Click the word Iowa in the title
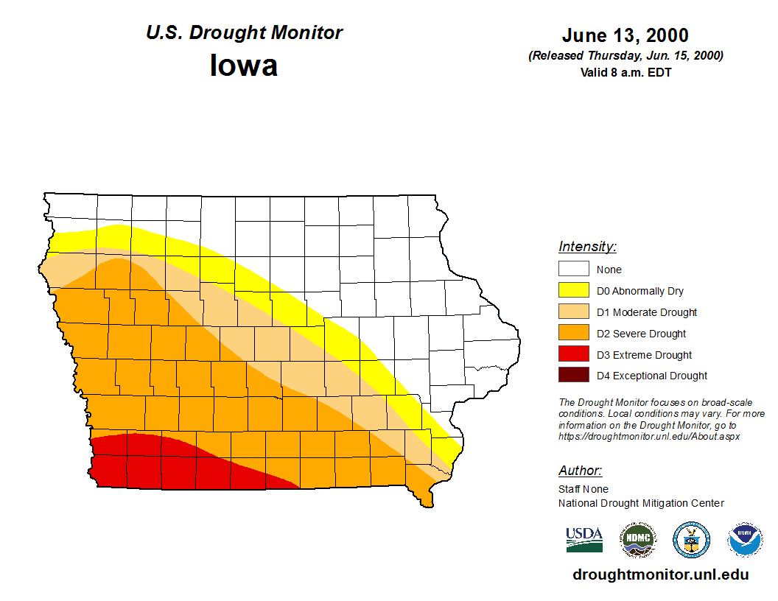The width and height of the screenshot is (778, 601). pos(244,66)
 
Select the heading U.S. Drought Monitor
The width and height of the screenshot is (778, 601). pos(244,33)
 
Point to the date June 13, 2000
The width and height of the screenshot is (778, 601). pos(625,35)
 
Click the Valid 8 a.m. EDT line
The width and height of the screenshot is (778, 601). pos(625,72)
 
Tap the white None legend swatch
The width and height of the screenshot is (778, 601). pos(573,270)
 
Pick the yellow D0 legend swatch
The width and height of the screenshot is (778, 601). pos(573,291)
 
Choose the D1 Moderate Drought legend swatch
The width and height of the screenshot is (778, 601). pos(573,312)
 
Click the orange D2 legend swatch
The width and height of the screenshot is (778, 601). pos(573,334)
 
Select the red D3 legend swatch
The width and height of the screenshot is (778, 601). pos(573,355)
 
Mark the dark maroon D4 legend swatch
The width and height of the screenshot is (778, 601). pos(573,376)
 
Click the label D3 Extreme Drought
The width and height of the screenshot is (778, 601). pos(644,355)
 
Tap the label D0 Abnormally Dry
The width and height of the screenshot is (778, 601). pos(639,291)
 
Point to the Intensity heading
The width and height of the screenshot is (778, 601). pos(587,247)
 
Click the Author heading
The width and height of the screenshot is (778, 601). pos(580,471)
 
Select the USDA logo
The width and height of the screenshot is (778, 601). pos(584,540)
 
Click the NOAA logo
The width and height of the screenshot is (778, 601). pos(745,541)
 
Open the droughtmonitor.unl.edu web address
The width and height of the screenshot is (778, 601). pos(660,575)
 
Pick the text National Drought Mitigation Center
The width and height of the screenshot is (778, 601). pos(641,503)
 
